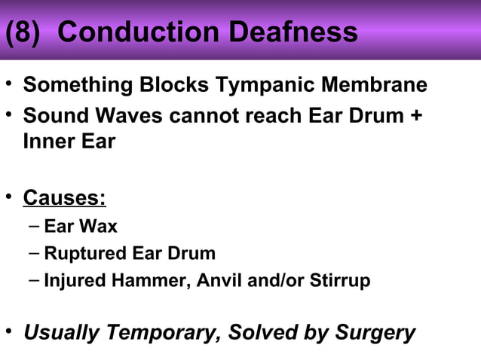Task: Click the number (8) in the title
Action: coord(24,32)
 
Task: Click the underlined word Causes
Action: coord(64,198)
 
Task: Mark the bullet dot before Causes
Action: coord(9,197)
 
